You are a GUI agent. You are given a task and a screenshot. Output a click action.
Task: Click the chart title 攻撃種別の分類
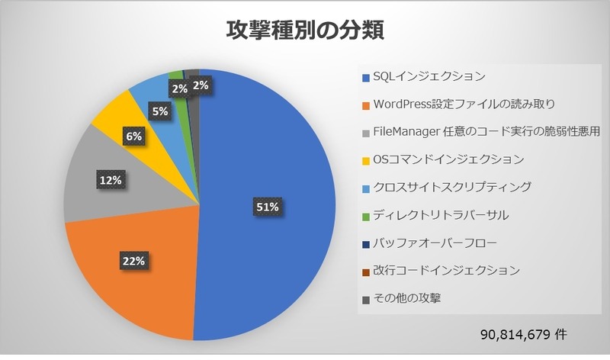pyautogui.click(x=305, y=30)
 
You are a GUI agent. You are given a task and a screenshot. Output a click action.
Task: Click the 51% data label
pyautogui.click(x=267, y=206)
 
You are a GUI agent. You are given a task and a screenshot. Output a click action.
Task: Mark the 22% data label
pyautogui.click(x=133, y=261)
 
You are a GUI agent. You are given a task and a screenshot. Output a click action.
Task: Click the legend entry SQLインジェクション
pyautogui.click(x=428, y=76)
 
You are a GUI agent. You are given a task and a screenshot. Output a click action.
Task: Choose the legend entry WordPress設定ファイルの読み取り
pyautogui.click(x=464, y=104)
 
